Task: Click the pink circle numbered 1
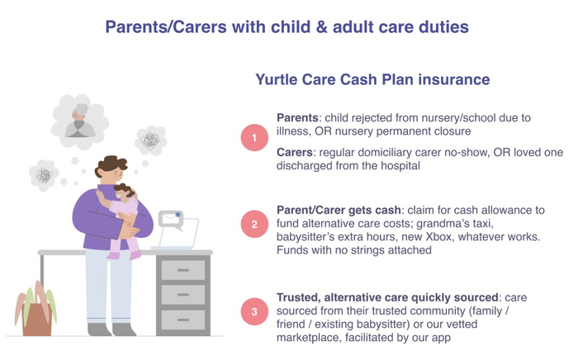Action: click(x=254, y=138)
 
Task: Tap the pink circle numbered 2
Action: click(x=254, y=224)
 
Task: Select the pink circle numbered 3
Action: click(x=254, y=311)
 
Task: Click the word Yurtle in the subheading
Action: click(x=277, y=80)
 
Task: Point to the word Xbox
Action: click(x=439, y=237)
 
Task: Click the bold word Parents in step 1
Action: click(x=297, y=118)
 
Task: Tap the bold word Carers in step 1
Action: click(x=295, y=153)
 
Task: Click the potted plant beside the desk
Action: click(x=36, y=309)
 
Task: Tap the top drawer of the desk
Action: click(x=183, y=270)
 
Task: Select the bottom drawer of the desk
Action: click(x=183, y=320)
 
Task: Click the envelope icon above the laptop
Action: click(x=171, y=220)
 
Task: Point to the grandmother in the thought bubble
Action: click(x=80, y=121)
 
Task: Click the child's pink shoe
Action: click(x=135, y=255)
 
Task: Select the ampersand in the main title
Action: click(x=322, y=27)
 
